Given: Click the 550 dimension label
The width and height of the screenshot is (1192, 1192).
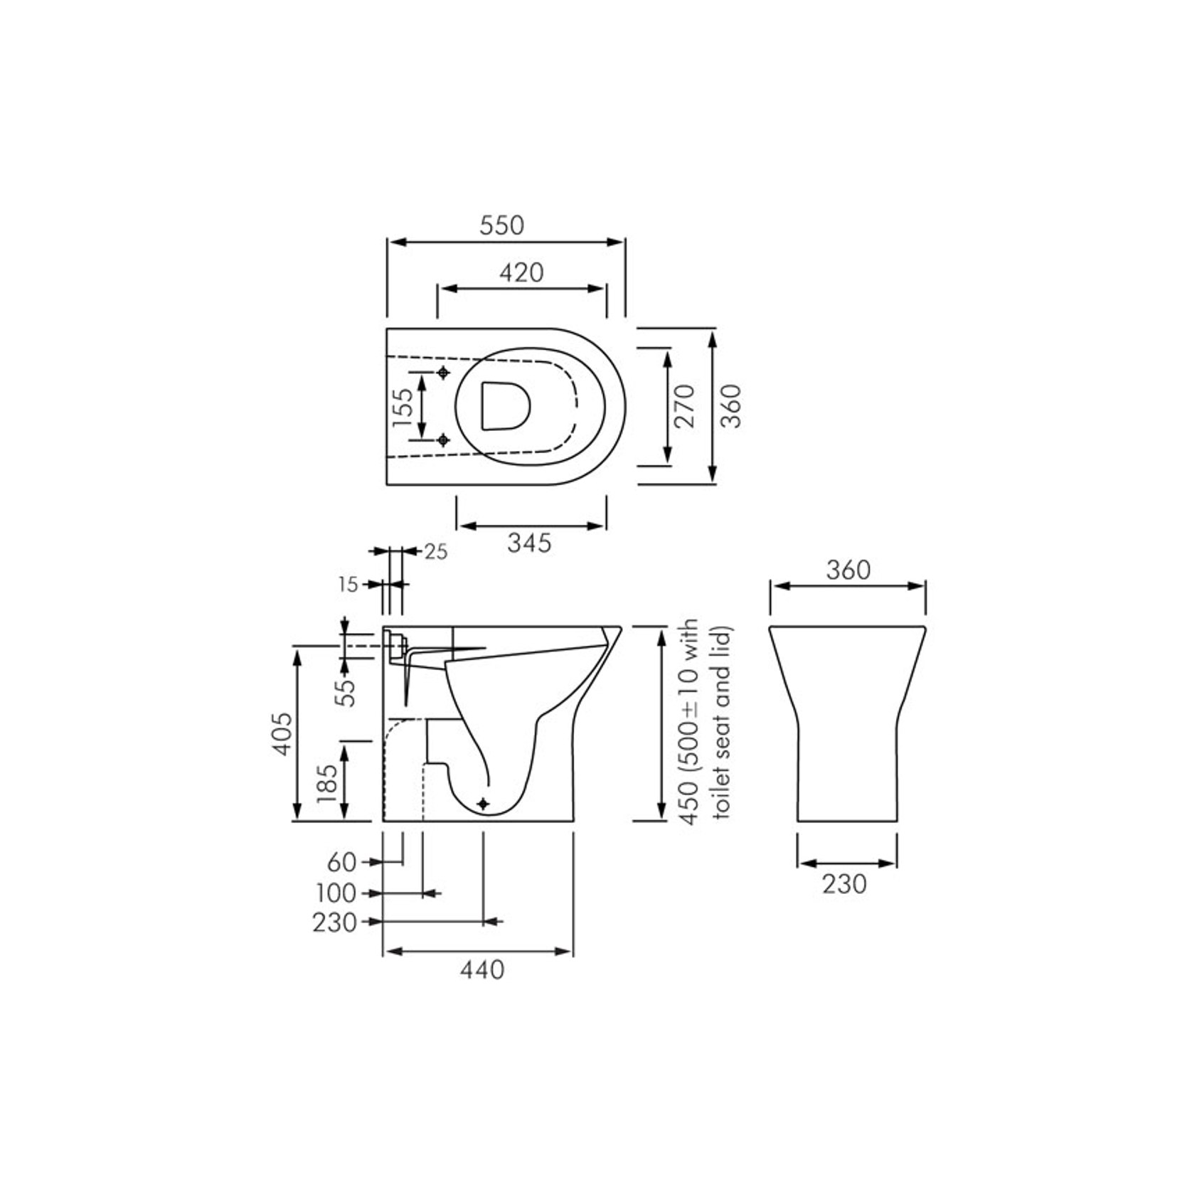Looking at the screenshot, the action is click(x=501, y=225).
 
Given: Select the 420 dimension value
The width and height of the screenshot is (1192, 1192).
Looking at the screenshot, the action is click(x=521, y=272).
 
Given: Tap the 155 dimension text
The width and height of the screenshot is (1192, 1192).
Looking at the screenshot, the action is click(x=403, y=407).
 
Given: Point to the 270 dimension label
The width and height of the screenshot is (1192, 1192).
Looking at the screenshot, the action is click(x=684, y=406).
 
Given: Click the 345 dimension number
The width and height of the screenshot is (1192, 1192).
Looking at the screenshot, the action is click(x=529, y=543).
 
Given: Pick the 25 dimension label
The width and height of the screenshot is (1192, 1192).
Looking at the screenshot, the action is click(x=436, y=551).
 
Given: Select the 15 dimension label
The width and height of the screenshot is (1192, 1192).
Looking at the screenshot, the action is click(x=348, y=585).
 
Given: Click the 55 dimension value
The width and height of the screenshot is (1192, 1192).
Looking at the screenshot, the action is click(x=346, y=692).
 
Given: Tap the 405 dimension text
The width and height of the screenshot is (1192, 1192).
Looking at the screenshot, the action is click(x=282, y=733).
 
